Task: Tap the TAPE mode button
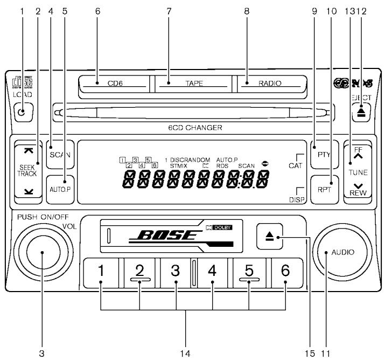(193, 84)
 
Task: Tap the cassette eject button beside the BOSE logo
(269, 236)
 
